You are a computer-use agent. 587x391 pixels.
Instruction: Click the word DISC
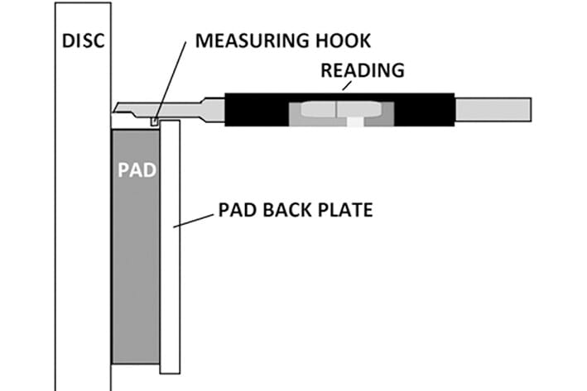pos(83,40)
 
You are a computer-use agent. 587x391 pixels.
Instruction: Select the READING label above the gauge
pos(363,70)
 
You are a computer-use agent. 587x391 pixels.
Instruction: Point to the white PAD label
pos(135,171)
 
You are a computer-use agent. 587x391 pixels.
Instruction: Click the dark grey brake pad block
pos(134,248)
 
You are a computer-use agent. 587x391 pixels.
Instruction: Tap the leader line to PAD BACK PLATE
pos(196,219)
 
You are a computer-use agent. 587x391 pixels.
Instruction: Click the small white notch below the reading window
pos(354,122)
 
